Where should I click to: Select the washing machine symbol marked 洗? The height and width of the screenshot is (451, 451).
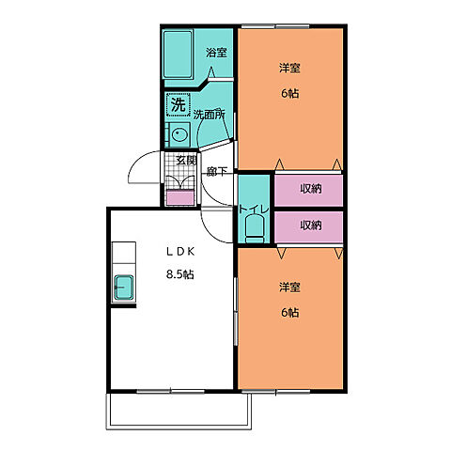coord(178,105)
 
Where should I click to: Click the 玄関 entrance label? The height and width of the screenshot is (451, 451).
coord(185,161)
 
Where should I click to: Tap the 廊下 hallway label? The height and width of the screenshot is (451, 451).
coord(217,172)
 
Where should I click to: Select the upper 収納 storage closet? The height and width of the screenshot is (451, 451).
coord(310,189)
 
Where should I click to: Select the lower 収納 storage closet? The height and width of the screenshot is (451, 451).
coord(310,225)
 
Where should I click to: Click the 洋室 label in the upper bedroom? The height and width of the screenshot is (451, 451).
coord(289,69)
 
